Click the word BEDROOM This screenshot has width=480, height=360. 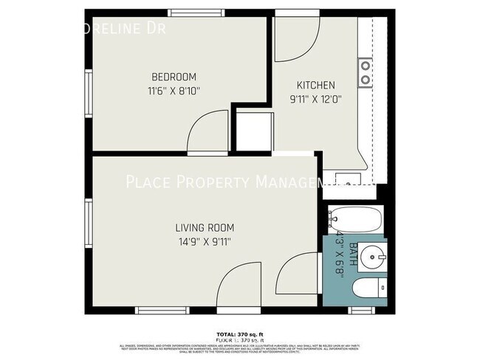pos(174,77)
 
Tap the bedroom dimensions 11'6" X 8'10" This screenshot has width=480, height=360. pos(174,91)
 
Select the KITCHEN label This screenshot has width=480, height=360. pos(315,85)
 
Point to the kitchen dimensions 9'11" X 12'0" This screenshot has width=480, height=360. pos(315,98)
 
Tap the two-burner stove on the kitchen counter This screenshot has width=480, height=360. pos(366,72)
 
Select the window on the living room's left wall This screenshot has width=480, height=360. pos(87,224)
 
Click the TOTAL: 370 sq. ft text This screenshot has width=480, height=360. pos(240,334)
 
